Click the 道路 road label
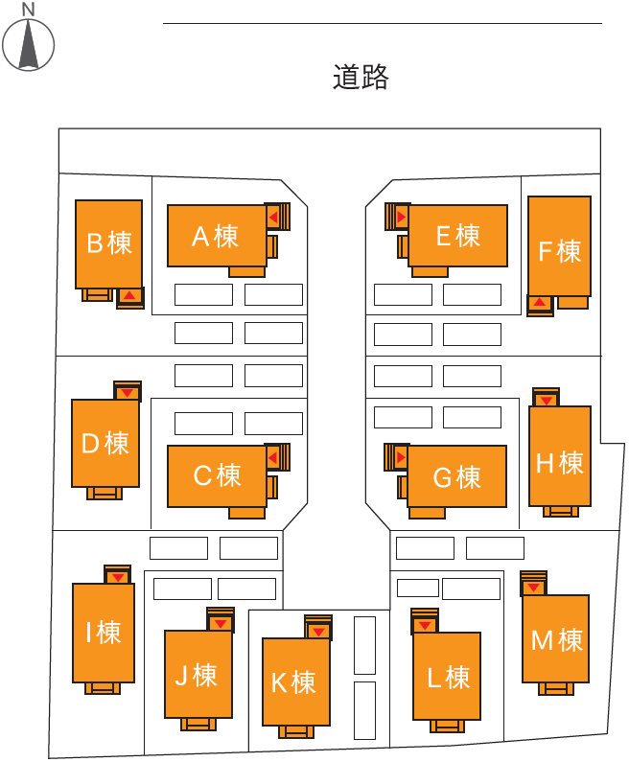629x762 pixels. tap(361, 78)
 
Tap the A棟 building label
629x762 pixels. tap(215, 236)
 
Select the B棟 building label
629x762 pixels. tap(108, 242)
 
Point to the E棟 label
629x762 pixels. tap(457, 235)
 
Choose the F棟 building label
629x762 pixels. tap(559, 251)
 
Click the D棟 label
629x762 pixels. tap(105, 443)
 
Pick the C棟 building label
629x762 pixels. tap(217, 474)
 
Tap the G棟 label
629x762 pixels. tap(456, 476)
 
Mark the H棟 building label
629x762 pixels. tap(559, 463)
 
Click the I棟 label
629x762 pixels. tap(104, 633)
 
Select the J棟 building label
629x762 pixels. tap(197, 675)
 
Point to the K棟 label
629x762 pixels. tap(293, 682)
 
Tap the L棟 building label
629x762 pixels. tap(448, 678)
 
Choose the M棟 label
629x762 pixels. tap(556, 639)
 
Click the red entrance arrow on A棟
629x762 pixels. tap(273, 218)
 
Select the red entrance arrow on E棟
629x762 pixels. tap(401, 218)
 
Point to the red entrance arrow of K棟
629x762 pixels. tap(317, 632)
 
